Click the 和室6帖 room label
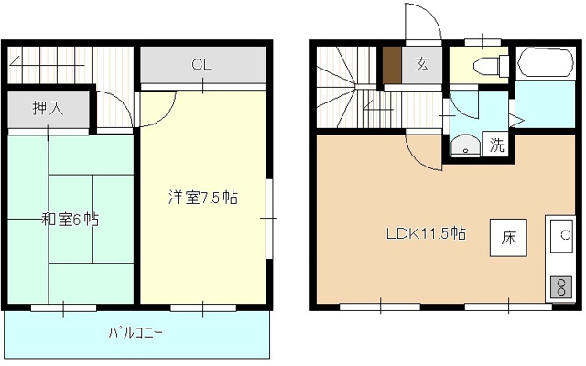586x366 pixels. (x=71, y=220)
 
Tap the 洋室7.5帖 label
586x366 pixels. (x=202, y=197)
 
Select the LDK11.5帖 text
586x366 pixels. (x=424, y=232)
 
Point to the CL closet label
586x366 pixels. (x=202, y=65)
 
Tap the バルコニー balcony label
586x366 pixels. (x=137, y=333)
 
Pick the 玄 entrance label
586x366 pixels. (x=422, y=65)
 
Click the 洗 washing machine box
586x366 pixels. (x=495, y=145)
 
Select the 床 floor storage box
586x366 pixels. (x=509, y=238)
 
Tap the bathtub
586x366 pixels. (x=546, y=64)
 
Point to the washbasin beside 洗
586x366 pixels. (x=464, y=145)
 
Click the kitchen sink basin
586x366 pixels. (x=559, y=235)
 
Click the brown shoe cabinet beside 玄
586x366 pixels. (x=392, y=64)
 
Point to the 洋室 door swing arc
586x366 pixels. (x=158, y=107)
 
